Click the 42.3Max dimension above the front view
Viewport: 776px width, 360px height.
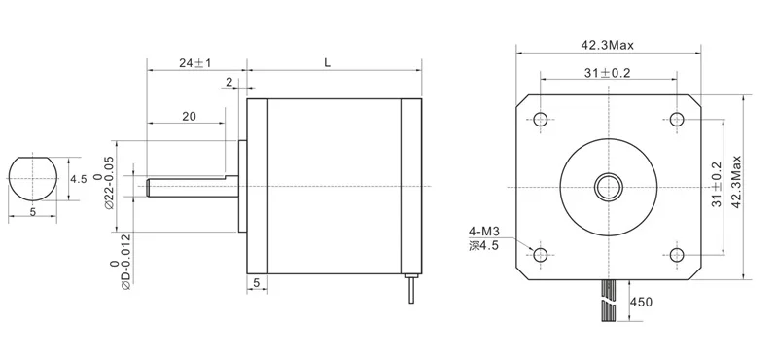coord(607,46)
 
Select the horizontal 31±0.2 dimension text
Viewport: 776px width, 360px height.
coord(607,73)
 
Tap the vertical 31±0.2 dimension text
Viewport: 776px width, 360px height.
coord(716,185)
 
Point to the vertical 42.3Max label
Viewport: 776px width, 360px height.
coord(736,182)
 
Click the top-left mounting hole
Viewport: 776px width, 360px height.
coord(541,119)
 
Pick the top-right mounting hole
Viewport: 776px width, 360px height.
coord(677,119)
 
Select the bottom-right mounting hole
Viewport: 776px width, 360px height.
coord(677,255)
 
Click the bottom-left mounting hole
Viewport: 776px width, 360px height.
coord(541,255)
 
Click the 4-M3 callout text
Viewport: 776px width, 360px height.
coord(484,231)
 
